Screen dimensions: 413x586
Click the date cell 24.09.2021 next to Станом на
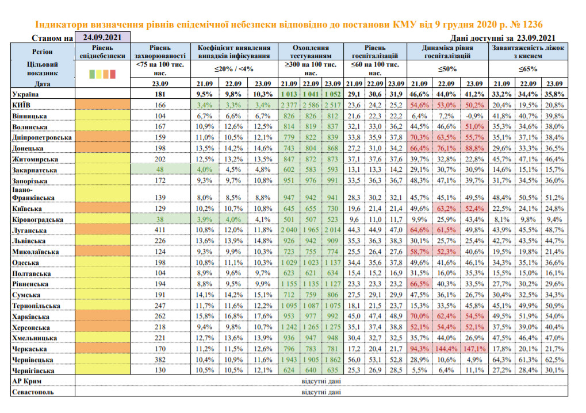coord(102,38)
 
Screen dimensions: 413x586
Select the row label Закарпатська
coord(35,170)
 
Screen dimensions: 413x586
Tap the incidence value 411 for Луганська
coord(160,230)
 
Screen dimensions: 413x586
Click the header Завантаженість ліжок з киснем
coord(528,52)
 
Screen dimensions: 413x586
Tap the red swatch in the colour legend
coord(113,74)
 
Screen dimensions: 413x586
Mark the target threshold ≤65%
coord(528,69)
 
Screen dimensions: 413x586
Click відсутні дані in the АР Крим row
coord(320,381)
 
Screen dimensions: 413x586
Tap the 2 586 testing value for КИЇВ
coord(311,105)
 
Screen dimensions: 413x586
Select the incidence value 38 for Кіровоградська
coord(160,219)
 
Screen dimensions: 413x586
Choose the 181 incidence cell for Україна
coord(160,94)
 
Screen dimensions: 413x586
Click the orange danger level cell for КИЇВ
coord(102,105)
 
